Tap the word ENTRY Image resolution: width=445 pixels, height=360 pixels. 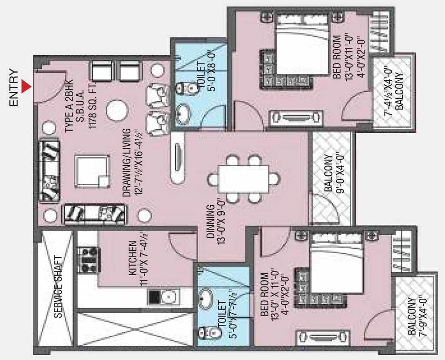13,87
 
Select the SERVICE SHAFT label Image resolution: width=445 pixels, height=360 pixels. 58,287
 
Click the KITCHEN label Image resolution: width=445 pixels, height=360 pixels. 133,259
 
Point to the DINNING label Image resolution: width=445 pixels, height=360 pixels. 211,221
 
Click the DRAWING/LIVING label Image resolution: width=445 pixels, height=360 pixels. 127,163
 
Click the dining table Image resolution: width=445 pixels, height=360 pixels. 243,179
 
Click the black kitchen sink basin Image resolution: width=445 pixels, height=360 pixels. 154,297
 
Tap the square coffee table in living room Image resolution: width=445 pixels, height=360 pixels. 92,171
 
